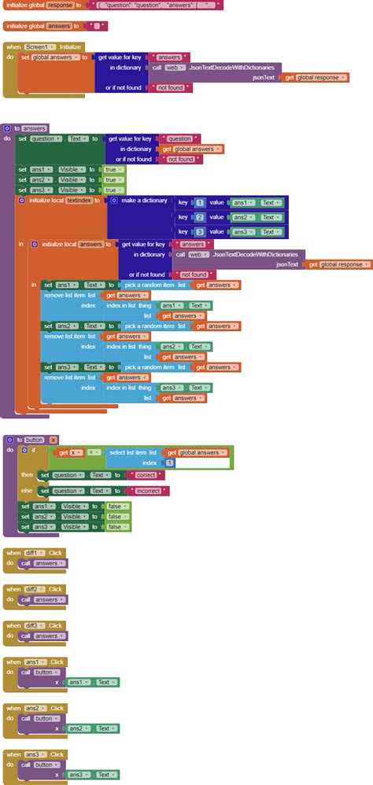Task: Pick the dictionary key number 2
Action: (199, 217)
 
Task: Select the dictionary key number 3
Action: (199, 232)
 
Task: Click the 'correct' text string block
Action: (146, 475)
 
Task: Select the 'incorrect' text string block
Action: (149, 490)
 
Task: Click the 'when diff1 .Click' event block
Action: (13, 553)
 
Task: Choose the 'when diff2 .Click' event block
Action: (13, 589)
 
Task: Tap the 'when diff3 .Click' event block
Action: (13, 625)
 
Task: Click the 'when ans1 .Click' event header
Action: (13, 662)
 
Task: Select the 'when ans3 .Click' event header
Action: (13, 754)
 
